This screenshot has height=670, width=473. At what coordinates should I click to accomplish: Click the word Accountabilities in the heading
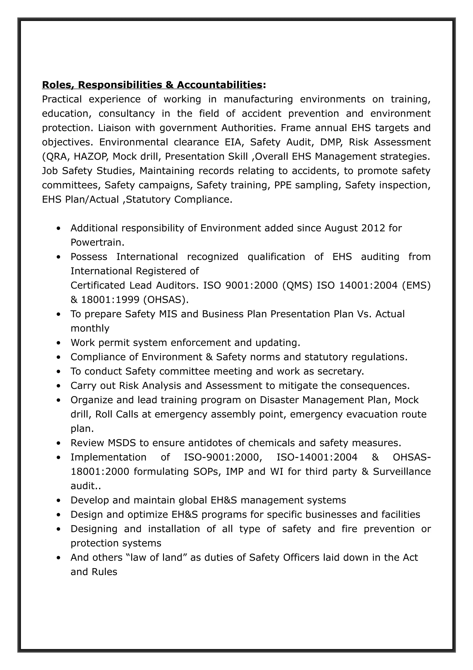tap(219, 85)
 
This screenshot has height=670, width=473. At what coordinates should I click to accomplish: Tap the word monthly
tap(90, 328)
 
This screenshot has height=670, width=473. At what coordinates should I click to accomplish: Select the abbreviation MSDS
tap(122, 443)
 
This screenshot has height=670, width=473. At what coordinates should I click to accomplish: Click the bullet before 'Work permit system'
tap(59, 343)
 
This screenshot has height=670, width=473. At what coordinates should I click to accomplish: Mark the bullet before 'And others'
tap(59, 558)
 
